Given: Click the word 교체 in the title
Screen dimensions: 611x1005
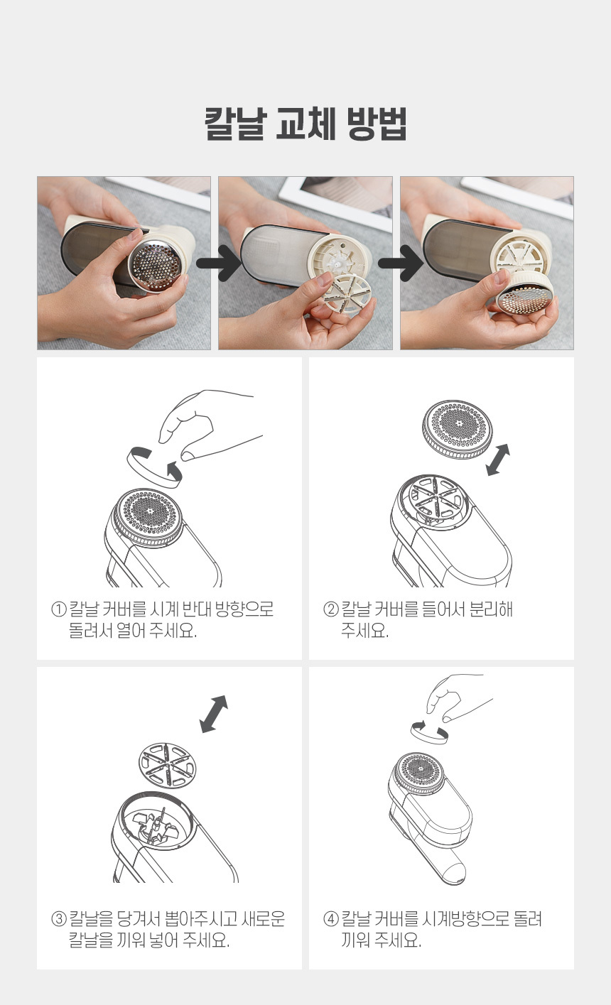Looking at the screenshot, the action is tap(305, 124).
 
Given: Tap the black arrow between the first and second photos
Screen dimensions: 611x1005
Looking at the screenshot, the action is tap(219, 263).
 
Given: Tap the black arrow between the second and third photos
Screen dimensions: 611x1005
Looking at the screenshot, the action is tap(401, 263).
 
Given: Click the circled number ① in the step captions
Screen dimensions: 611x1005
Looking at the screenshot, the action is tap(59, 609).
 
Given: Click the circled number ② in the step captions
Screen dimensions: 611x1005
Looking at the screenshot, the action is tap(331, 609).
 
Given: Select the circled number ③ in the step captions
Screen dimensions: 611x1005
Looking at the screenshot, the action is tap(59, 918).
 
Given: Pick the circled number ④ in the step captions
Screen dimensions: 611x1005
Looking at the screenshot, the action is tap(331, 918).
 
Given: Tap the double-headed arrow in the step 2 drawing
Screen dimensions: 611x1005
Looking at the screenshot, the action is tap(498, 460).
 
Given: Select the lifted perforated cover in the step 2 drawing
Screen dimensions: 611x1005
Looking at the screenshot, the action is tap(457, 430).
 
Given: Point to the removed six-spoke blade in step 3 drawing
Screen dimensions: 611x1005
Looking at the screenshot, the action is tap(168, 765).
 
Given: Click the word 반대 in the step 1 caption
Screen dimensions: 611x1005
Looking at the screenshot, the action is tap(194, 609).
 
